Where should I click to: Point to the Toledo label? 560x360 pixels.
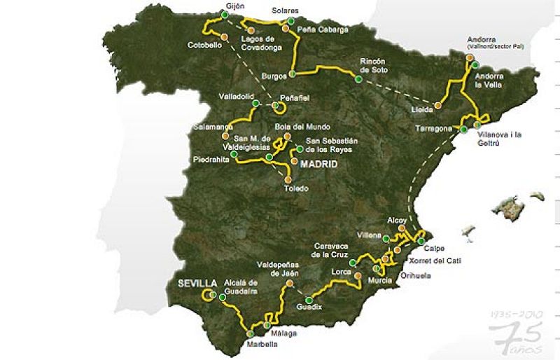pyautogui.click(x=297, y=188)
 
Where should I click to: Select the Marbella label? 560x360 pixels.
pyautogui.click(x=262, y=344)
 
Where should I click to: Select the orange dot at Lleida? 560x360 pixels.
pyautogui.click(x=437, y=106)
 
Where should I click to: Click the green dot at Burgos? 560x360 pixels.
pyautogui.click(x=292, y=74)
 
